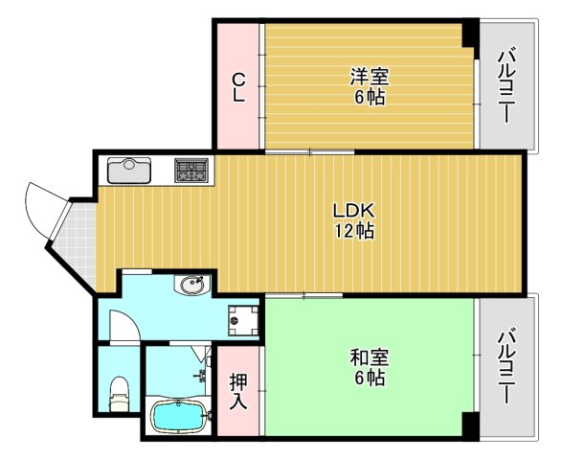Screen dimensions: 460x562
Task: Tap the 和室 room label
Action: click(x=368, y=358)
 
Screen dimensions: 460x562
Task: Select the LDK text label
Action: click(x=352, y=211)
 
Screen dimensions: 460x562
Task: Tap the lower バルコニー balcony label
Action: click(x=506, y=366)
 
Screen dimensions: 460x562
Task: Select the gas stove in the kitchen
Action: click(x=191, y=171)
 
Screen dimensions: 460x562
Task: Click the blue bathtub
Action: click(x=181, y=419)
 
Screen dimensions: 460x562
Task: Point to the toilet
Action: click(x=118, y=393)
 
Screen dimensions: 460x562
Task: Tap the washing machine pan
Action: click(x=242, y=319)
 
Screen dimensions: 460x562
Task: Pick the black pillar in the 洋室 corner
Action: click(x=469, y=33)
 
